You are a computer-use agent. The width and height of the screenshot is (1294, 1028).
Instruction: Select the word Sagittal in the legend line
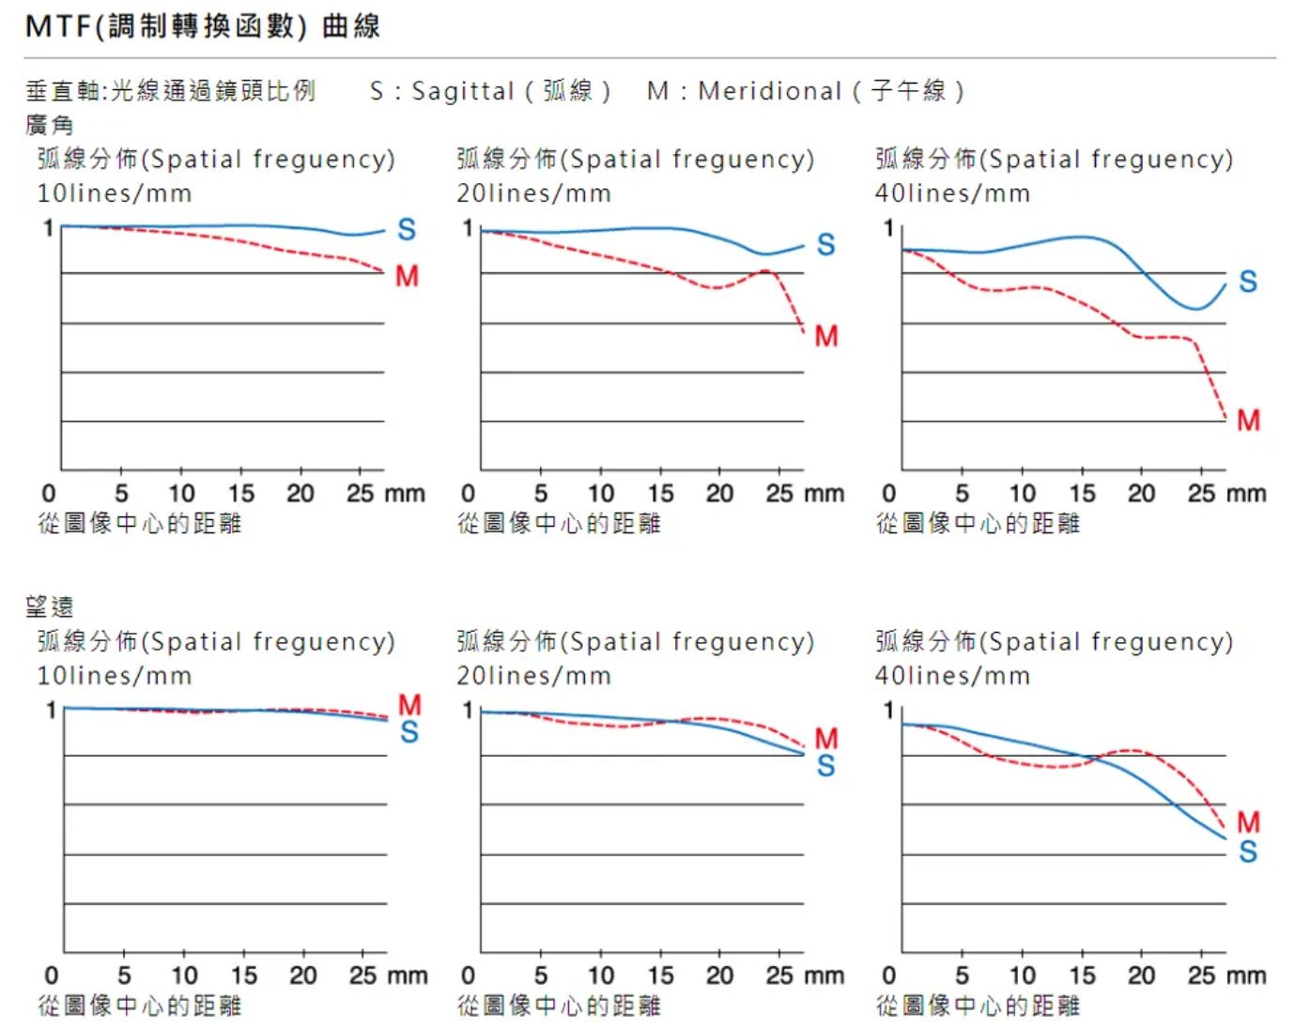click(462, 91)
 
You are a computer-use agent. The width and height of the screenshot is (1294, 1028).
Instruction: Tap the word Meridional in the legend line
click(769, 91)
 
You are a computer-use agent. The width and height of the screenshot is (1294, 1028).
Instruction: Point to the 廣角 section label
click(49, 125)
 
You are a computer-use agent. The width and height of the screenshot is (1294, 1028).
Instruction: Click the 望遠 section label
click(49, 606)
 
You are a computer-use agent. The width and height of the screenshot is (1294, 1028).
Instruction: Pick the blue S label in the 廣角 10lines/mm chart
click(407, 230)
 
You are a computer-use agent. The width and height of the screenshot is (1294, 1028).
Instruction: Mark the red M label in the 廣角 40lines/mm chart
click(1248, 420)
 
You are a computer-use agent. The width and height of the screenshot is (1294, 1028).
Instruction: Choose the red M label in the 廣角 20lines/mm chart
click(826, 336)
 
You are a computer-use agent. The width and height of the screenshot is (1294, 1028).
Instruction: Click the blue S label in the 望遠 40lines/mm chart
click(1248, 852)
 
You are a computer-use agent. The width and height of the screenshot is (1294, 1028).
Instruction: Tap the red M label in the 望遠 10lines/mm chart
click(409, 704)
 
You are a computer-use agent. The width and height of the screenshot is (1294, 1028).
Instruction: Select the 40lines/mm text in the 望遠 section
click(952, 676)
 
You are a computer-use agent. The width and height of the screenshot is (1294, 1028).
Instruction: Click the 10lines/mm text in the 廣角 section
click(114, 193)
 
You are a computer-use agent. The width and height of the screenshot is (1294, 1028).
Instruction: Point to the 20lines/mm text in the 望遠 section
click(533, 676)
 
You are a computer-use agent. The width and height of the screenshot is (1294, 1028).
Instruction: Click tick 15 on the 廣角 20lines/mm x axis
click(660, 494)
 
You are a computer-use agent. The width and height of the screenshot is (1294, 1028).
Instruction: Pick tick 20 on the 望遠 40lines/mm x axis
click(1141, 975)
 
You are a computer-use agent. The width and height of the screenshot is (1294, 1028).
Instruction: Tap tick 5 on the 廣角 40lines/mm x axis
click(962, 494)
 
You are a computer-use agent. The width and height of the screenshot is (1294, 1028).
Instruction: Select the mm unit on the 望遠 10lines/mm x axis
click(408, 975)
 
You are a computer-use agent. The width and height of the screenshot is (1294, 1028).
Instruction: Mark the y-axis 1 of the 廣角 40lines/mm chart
click(888, 228)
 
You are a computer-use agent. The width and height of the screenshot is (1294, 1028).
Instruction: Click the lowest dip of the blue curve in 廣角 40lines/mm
click(1196, 308)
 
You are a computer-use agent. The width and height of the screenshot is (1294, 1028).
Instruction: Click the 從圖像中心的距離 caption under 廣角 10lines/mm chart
click(139, 523)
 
